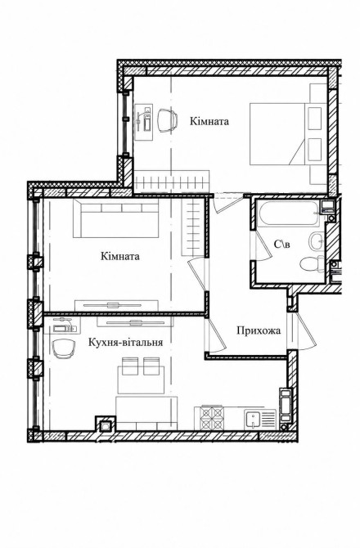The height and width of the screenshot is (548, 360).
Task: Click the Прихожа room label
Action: point(259,330)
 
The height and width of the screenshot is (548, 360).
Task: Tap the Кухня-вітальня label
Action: point(125,342)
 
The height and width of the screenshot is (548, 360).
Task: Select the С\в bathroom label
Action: point(281,245)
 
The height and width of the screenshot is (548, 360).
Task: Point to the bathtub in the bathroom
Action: point(288,213)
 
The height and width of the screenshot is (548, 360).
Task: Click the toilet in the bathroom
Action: point(312,263)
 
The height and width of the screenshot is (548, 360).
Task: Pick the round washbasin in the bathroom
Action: point(317,241)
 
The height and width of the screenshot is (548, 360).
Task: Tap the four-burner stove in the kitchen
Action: point(212,418)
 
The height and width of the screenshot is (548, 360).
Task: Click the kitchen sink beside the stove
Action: point(253,419)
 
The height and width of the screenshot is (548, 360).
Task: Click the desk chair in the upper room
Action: point(167,120)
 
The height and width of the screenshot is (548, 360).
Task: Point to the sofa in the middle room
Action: point(115,218)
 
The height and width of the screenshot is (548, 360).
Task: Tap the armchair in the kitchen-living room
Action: point(65,348)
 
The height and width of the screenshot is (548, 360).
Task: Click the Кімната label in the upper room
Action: point(209,121)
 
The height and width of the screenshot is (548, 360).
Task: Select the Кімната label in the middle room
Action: point(120,256)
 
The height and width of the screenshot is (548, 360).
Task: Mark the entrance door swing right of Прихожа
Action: point(301,330)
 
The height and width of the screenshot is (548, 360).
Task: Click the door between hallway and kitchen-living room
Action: point(215,334)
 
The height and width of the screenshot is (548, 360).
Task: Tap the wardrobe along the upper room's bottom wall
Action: point(172,182)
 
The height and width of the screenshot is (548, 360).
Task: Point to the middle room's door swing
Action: point(197,274)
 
